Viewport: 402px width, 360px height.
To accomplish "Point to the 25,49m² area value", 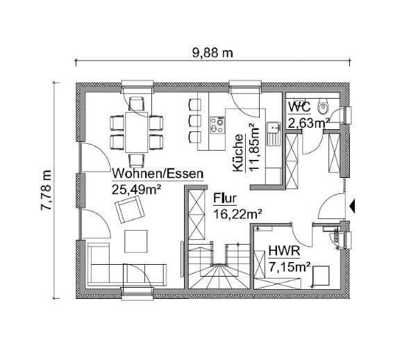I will pyautogui.click(x=136, y=188).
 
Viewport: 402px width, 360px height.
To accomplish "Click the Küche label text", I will pyautogui.click(x=238, y=153).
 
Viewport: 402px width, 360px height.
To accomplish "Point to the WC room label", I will pyautogui.click(x=299, y=108).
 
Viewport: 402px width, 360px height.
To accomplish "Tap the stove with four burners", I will pyautogui.click(x=217, y=124).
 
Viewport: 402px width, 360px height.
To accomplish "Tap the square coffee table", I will pyautogui.click(x=134, y=240).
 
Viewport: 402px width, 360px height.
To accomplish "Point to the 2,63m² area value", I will pyautogui.click(x=309, y=123).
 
